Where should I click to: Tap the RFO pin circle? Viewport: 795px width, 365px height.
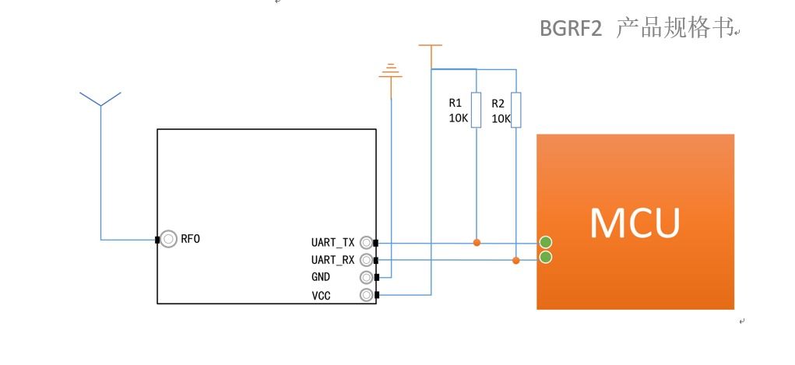(168, 240)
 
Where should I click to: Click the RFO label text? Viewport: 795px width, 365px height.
(191, 240)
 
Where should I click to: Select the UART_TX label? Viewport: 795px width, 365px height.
(332, 243)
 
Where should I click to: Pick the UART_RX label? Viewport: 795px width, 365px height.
(332, 260)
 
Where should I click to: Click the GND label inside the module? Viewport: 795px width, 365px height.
(321, 277)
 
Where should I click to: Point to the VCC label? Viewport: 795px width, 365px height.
(321, 295)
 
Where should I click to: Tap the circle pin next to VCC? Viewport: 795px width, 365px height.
(366, 295)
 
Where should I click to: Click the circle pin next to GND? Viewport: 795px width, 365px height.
(366, 277)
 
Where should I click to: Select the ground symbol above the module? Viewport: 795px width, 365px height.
(391, 72)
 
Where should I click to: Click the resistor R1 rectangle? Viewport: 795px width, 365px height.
(477, 110)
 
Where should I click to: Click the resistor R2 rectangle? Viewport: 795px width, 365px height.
(516, 110)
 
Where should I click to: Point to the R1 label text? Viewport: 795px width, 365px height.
(456, 102)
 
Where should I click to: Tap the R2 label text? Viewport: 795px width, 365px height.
(498, 104)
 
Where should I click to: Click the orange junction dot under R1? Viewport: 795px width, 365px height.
(477, 243)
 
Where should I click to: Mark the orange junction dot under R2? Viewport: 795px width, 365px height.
(516, 260)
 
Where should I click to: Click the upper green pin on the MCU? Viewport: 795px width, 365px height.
(546, 242)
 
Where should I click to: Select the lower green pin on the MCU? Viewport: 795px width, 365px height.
(546, 257)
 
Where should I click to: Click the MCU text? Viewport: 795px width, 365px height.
(635, 223)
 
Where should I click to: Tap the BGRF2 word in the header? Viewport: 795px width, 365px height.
(572, 29)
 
